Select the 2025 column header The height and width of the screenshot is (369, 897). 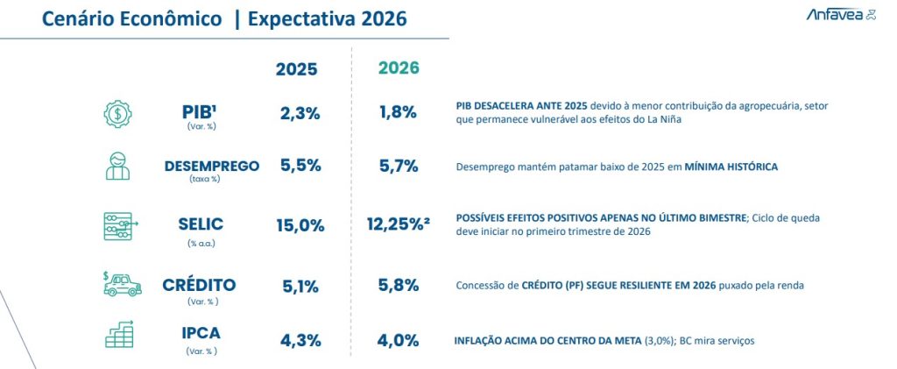297,69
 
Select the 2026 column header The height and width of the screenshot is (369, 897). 399,68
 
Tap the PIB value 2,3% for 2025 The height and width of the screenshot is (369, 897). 299,112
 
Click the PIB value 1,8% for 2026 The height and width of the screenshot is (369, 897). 398,112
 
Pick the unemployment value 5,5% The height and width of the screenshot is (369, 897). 300,166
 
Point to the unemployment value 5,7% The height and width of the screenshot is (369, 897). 398,166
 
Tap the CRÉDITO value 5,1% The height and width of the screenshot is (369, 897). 300,285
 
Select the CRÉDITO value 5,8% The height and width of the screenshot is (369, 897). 398,285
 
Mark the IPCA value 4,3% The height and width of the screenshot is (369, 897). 300,340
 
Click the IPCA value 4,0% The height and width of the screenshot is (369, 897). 398,340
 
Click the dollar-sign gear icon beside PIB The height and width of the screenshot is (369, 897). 117,113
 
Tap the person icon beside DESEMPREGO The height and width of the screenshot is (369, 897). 117,166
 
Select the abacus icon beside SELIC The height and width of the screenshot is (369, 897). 117,225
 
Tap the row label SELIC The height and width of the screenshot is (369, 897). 201,224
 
